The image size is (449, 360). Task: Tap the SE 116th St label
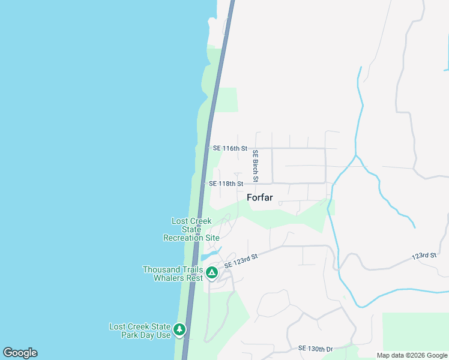pyautogui.click(x=230, y=148)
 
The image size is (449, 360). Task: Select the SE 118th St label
pyautogui.click(x=226, y=184)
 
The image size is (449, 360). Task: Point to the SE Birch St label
pyautogui.click(x=255, y=166)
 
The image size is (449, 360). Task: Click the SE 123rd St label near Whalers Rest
pyautogui.click(x=241, y=261)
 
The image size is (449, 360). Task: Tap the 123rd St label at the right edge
pyautogui.click(x=424, y=256)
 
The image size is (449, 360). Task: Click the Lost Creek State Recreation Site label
pyautogui.click(x=191, y=229)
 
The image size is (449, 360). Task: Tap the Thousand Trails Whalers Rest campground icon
pyautogui.click(x=211, y=274)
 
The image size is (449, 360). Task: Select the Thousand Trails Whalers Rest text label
pyautogui.click(x=172, y=274)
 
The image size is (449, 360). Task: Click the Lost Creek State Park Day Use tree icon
pyautogui.click(x=179, y=329)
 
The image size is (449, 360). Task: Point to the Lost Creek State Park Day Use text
pyautogui.click(x=140, y=331)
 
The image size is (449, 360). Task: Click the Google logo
pyautogui.click(x=20, y=353)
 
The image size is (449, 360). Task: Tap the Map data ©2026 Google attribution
pyautogui.click(x=411, y=355)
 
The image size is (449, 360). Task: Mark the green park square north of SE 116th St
pyautogui.click(x=226, y=100)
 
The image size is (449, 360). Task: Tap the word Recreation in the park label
pyautogui.click(x=184, y=238)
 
